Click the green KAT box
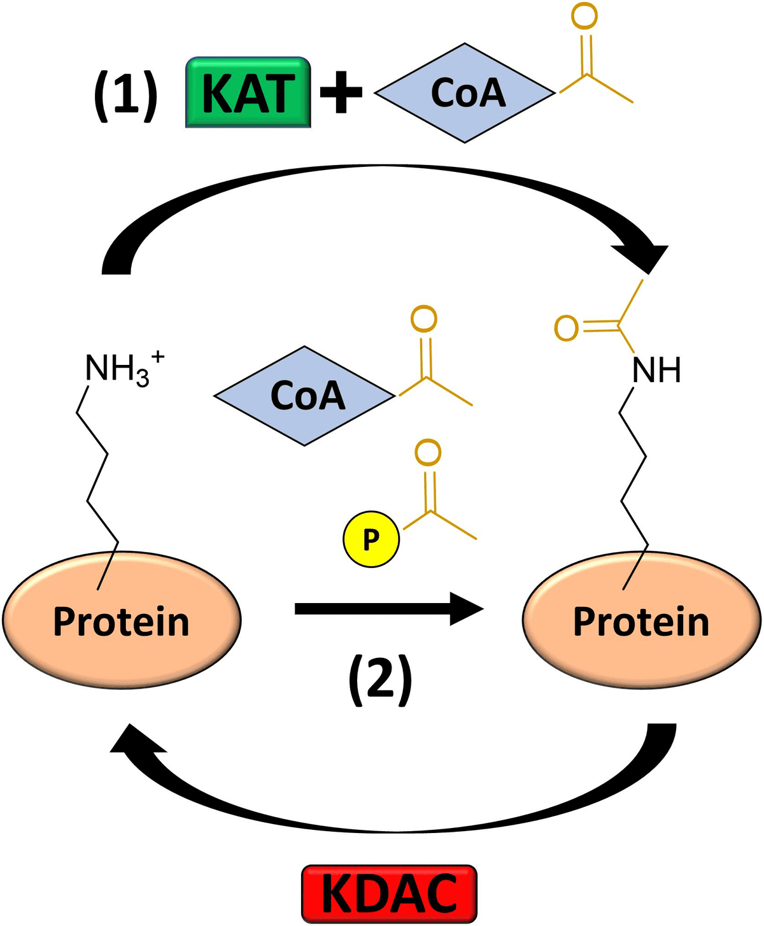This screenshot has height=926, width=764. click(248, 93)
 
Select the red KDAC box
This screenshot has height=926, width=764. click(389, 894)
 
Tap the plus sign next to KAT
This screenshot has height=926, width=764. click(341, 92)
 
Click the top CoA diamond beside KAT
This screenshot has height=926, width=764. click(465, 93)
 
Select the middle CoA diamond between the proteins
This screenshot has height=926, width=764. click(305, 395)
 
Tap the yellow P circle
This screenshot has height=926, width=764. click(371, 539)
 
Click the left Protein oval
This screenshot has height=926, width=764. click(122, 620)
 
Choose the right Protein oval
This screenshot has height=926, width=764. click(641, 620)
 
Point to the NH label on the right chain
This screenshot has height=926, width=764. click(656, 370)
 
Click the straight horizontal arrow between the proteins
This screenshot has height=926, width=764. click(388, 609)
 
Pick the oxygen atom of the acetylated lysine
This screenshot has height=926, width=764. click(566, 327)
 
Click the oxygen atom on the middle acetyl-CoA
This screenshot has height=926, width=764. click(424, 318)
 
